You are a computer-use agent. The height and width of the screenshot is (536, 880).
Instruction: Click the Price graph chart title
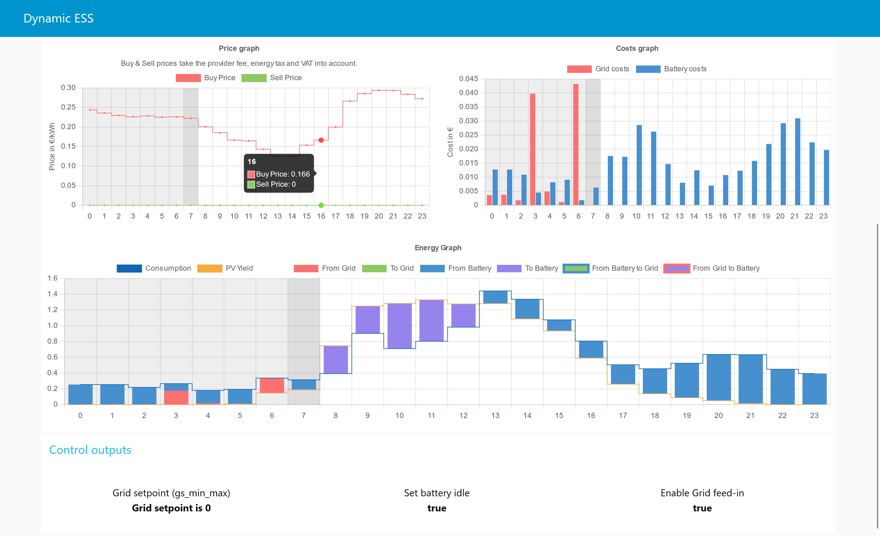pos(239,48)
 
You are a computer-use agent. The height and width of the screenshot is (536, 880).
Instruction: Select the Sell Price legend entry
pos(271,78)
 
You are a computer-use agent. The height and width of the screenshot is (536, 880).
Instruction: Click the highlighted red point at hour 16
pos(321,140)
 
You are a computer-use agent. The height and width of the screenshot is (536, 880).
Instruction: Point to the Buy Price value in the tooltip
pos(282,174)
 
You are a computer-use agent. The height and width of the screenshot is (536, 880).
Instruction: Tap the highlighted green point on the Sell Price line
pos(321,205)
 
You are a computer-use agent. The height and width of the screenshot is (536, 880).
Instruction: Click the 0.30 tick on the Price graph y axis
pos(68,88)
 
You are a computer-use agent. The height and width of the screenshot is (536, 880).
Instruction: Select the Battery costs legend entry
pos(671,69)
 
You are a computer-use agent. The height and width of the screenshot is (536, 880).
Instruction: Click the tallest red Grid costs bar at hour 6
pos(576,143)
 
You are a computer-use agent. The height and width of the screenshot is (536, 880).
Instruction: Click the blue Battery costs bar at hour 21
pos(798,161)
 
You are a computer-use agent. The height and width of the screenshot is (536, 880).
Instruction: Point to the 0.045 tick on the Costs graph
pos(468,79)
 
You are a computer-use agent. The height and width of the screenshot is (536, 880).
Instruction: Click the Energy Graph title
pos(438,248)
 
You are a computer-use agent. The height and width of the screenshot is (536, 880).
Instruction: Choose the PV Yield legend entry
pos(225,268)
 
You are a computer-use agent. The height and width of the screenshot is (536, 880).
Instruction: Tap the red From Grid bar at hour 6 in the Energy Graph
pos(272,386)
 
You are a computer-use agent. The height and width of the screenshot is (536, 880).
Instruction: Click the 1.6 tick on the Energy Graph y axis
pos(53,278)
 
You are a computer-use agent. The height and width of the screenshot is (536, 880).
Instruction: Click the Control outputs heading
pos(90,450)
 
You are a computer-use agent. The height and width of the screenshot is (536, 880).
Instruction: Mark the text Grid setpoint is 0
pos(171,508)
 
